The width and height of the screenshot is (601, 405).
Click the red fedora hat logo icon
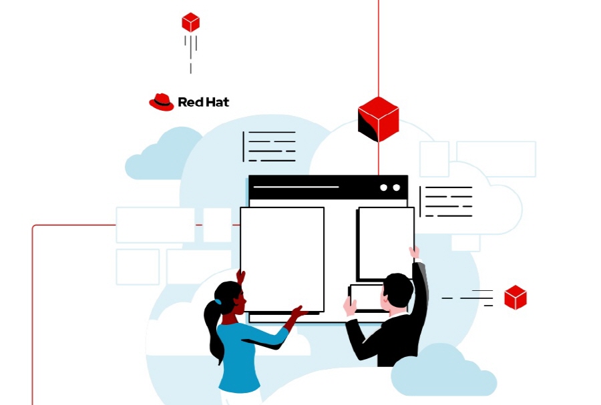point(162,102)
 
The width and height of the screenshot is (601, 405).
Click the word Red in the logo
point(190,102)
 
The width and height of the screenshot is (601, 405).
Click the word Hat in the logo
point(216,102)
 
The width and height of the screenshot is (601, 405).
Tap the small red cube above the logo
point(190,22)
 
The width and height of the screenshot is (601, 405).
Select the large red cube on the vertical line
point(379,119)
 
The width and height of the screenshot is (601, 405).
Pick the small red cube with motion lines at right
point(515,297)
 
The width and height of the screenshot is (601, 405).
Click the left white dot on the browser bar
point(384,187)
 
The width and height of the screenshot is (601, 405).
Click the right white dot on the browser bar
point(396,187)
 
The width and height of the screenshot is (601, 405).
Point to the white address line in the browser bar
point(296,187)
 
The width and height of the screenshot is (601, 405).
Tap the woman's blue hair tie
point(218,302)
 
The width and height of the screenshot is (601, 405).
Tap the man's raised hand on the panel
point(414,253)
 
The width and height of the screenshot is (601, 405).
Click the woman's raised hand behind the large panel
point(240,276)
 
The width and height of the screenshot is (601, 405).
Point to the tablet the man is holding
point(367,298)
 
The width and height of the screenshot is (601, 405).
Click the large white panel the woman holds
point(282,260)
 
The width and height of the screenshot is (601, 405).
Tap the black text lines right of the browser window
point(446,201)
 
